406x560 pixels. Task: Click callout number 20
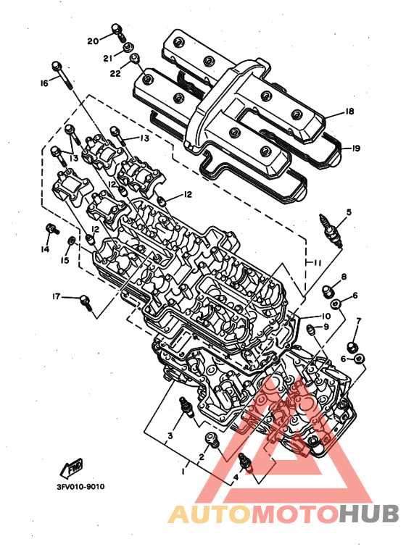tap(93, 41)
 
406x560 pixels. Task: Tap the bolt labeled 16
tap(63, 76)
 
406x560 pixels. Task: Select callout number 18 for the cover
tap(349, 111)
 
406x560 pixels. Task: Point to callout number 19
tap(355, 149)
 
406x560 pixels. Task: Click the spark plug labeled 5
tap(331, 231)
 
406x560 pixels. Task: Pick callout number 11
tap(317, 263)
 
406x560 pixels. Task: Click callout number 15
tap(65, 260)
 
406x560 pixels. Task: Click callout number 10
tap(326, 316)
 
